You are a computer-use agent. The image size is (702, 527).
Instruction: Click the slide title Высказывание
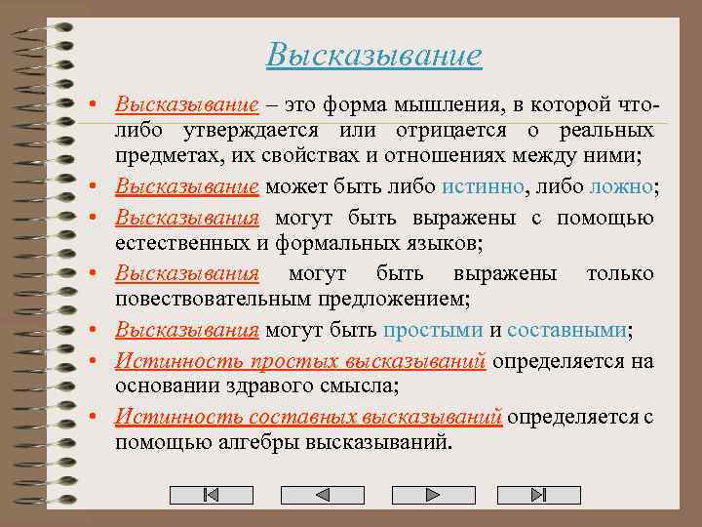coord(373,55)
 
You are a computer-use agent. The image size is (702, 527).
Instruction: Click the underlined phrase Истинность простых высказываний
coord(300,361)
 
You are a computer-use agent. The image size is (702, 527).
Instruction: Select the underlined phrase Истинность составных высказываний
coord(308,418)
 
